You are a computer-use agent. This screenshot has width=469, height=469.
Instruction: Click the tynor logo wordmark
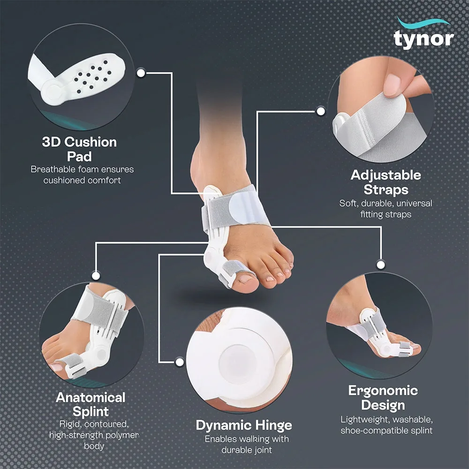click(x=424, y=39)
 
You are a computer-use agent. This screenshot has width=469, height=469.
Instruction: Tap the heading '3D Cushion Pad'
click(x=79, y=149)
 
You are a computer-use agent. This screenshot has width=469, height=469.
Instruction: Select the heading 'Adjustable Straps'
click(x=386, y=182)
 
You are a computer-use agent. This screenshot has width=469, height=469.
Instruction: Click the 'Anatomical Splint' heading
click(x=91, y=404)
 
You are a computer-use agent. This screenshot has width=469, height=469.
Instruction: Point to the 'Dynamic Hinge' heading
click(x=244, y=425)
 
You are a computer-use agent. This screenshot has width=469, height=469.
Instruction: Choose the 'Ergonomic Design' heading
click(x=383, y=398)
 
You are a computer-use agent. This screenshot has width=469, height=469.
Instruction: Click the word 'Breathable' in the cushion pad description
click(x=53, y=169)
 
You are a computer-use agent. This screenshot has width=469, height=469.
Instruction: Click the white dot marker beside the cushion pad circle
click(x=141, y=73)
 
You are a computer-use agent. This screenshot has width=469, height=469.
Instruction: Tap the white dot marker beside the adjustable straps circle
click(x=321, y=111)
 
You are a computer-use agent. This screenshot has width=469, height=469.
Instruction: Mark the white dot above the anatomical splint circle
click(x=96, y=275)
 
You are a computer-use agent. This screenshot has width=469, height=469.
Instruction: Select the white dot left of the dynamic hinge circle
click(x=180, y=362)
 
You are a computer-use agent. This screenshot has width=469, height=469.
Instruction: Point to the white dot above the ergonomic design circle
click(x=381, y=265)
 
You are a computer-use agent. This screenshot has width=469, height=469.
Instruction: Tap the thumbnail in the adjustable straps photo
click(x=392, y=84)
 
